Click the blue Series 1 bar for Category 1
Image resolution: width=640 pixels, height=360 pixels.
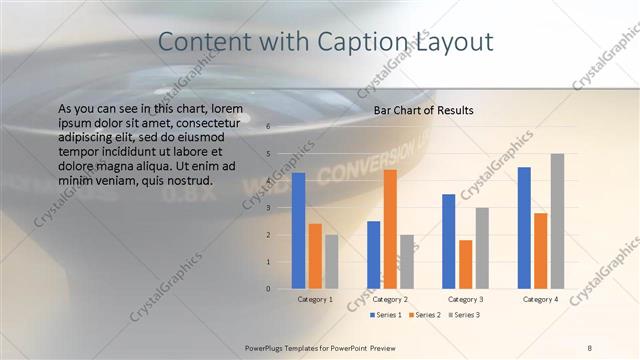click(x=298, y=231)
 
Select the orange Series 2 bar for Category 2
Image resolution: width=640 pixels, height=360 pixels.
click(x=390, y=229)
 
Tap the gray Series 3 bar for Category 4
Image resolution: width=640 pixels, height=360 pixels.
click(x=557, y=221)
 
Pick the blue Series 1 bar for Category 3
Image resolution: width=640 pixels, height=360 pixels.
click(x=448, y=241)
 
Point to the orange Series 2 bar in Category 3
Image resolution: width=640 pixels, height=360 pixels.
click(x=465, y=264)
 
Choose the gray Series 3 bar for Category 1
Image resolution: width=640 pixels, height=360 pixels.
click(x=331, y=262)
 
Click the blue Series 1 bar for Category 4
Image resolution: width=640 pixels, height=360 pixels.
click(x=524, y=228)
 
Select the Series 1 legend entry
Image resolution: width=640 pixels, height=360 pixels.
click(x=389, y=315)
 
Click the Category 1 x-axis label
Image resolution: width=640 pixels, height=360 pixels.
click(x=315, y=299)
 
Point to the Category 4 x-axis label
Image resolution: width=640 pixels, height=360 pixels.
click(x=540, y=299)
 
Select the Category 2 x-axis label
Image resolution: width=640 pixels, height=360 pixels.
click(x=390, y=299)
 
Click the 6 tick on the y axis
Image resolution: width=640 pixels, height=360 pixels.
click(x=268, y=127)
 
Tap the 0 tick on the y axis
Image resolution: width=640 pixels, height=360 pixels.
click(x=268, y=289)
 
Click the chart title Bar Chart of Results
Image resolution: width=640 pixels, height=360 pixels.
click(x=423, y=110)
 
